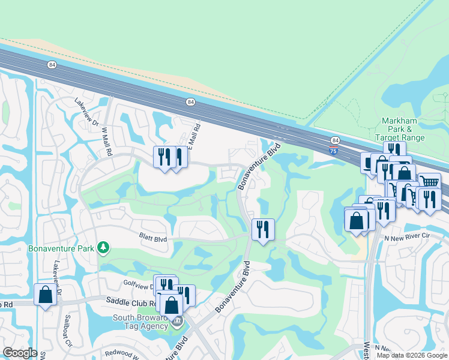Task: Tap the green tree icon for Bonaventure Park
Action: pos(103,247)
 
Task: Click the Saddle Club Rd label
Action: pos(131,300)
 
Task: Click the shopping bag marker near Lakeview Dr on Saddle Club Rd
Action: pos(46,295)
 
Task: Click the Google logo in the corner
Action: pos(20,353)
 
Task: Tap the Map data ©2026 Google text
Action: pos(412,355)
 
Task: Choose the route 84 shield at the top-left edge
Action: pos(52,65)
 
